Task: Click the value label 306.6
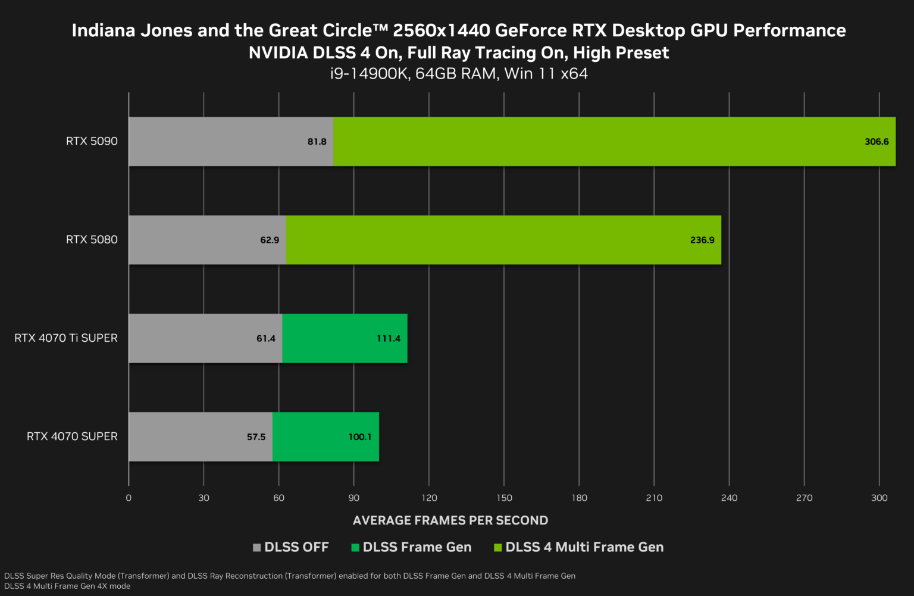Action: coord(877,142)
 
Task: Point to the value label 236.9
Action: coord(702,240)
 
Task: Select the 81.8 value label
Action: coord(317,142)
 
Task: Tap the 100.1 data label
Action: coord(360,437)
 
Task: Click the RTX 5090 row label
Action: coord(92,141)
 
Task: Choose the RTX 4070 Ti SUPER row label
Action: coord(66,338)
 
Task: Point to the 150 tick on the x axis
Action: coord(504,498)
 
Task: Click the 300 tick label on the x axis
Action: coord(879,498)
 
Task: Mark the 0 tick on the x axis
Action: coord(129,498)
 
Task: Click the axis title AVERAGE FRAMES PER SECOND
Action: coord(450,520)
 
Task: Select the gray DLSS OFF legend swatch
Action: coord(257,547)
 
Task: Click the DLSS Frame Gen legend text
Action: coord(417,547)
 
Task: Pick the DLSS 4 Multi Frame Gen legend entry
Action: coord(584,547)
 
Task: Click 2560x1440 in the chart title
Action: coord(441,30)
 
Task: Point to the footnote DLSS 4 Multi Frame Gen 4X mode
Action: coord(67,586)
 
